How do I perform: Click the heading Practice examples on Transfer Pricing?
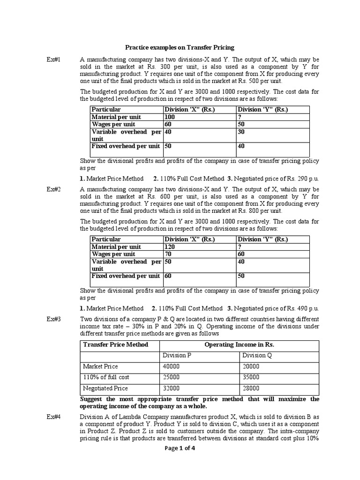(180, 47)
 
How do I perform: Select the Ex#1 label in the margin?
(53, 60)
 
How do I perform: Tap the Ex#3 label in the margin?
(53, 319)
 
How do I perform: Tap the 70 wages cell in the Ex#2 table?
(168, 254)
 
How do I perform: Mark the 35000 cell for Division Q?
(251, 377)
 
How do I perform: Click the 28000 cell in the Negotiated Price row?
(251, 388)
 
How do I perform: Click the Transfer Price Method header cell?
(115, 345)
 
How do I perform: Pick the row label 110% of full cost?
(106, 377)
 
